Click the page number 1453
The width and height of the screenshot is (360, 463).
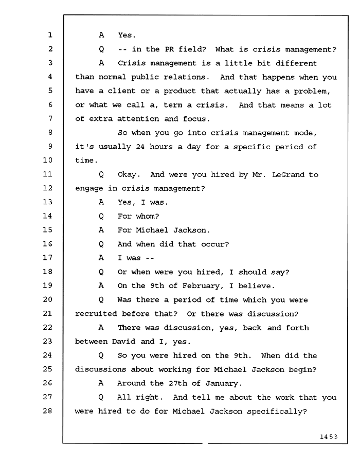coord(329,437)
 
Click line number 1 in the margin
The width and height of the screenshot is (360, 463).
coord(50,35)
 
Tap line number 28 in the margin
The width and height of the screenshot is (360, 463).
coord(47,411)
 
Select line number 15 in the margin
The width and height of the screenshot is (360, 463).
coord(47,230)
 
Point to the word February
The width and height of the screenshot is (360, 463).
coord(201,286)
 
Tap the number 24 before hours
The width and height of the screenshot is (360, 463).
coord(140,147)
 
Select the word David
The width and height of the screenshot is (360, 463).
coord(123,342)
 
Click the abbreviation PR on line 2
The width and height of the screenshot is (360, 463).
coord(169,49)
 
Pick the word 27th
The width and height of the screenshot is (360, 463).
coord(178,383)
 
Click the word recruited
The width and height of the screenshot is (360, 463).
coord(96,314)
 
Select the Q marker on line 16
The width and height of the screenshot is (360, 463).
coord(101,244)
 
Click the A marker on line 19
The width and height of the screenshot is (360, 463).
coord(101,286)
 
